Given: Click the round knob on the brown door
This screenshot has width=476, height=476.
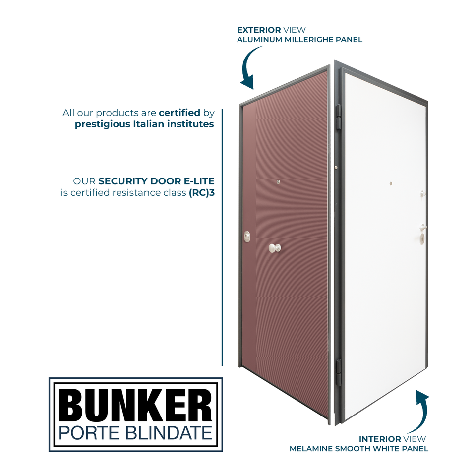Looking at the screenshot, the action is point(274,247).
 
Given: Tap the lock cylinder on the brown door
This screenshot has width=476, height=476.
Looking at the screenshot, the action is point(247,238).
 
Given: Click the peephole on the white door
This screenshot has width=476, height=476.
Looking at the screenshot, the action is point(390,183).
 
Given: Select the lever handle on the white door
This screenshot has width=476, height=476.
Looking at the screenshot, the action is point(422,227).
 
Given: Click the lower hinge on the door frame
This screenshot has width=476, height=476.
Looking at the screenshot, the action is point(339,372).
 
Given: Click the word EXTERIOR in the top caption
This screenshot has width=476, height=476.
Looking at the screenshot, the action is point(256,30).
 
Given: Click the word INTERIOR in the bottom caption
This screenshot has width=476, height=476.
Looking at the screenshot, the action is point(380,439).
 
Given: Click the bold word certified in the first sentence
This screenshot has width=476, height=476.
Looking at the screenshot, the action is point(179,113).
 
